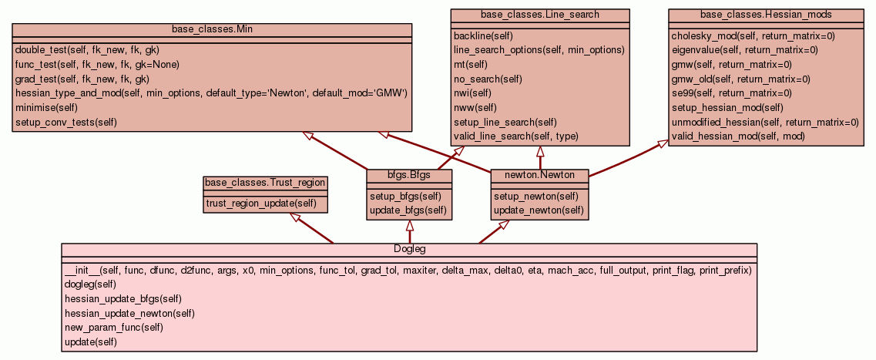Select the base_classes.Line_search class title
(540, 15)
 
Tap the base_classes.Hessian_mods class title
(766, 15)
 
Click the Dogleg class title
(409, 249)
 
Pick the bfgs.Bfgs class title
(409, 175)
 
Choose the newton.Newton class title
(540, 175)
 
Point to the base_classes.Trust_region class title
(265, 183)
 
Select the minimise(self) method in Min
(46, 107)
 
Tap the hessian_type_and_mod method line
(210, 93)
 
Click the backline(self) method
(483, 35)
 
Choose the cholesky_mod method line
(753, 35)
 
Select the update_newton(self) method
(539, 210)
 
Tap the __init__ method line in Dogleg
(408, 271)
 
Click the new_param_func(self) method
(113, 327)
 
